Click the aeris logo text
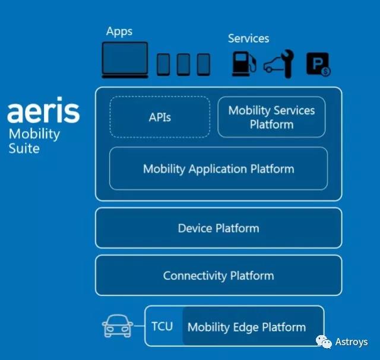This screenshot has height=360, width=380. [43, 111]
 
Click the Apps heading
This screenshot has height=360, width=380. [119, 31]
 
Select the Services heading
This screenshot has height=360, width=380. [248, 39]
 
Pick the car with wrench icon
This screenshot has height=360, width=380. [278, 64]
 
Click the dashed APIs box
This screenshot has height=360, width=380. [160, 117]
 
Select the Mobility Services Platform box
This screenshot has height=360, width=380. [271, 117]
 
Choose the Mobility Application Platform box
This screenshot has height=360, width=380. [218, 168]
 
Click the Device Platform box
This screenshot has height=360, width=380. [218, 228]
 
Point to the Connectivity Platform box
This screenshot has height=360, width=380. [218, 275]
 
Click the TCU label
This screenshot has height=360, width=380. [162, 326]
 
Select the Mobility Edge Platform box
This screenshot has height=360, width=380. [246, 327]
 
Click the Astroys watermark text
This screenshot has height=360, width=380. [351, 342]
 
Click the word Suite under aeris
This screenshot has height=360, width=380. [24, 148]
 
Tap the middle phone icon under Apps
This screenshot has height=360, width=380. [183, 64]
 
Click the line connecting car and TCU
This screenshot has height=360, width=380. [139, 326]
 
